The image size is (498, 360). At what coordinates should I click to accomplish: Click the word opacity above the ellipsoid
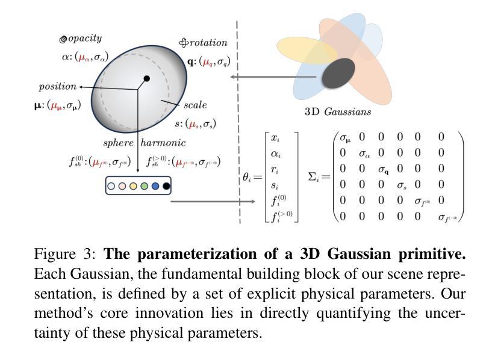(85, 39)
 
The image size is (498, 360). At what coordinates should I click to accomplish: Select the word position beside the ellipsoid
(58, 87)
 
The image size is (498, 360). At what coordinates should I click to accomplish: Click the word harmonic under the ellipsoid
(163, 143)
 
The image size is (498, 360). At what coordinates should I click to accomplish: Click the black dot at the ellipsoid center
(147, 79)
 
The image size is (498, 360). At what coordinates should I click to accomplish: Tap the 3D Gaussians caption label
(338, 112)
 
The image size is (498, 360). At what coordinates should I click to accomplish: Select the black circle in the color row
(166, 187)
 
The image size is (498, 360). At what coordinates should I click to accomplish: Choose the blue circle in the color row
(155, 187)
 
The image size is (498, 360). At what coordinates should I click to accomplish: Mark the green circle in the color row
(145, 187)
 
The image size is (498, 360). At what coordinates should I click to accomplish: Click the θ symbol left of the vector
(247, 178)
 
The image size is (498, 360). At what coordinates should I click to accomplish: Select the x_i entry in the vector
(275, 138)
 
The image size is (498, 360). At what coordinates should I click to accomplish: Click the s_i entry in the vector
(275, 184)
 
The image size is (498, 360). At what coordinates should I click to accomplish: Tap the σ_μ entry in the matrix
(345, 138)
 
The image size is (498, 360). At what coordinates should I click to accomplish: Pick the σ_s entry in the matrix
(402, 185)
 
